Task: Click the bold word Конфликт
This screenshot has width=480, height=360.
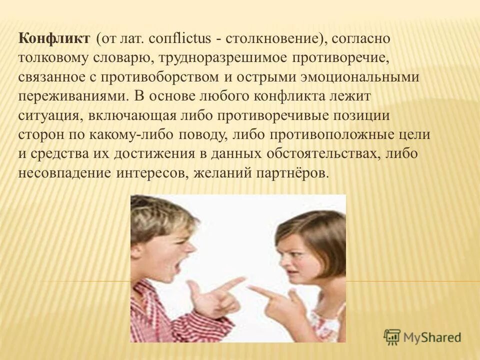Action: tap(55, 38)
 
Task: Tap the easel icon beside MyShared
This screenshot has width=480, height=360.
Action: tap(393, 337)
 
